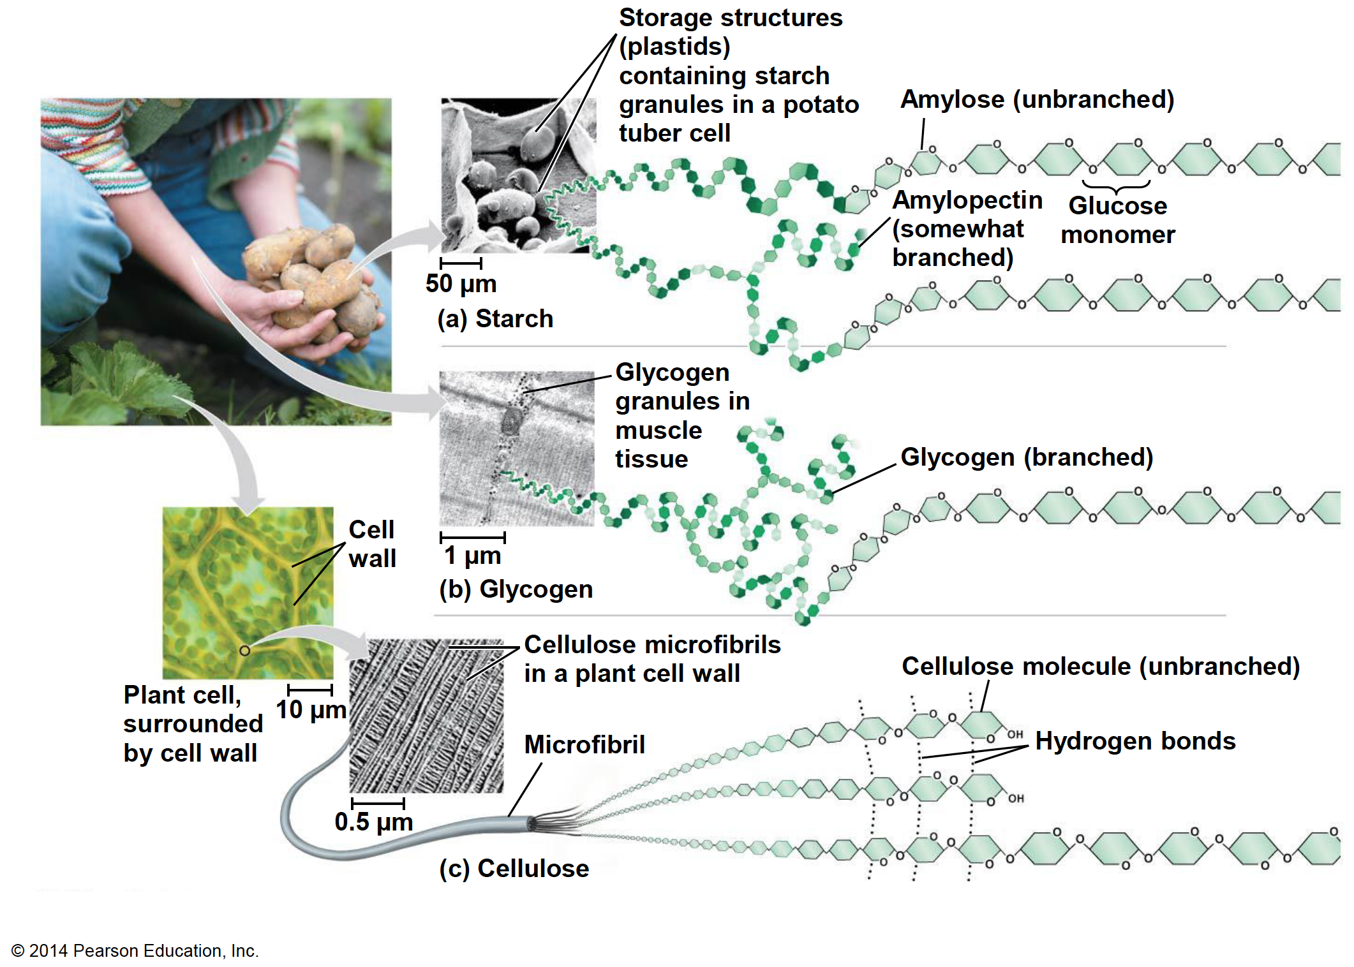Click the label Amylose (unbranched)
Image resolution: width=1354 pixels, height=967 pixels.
pyautogui.click(x=1037, y=100)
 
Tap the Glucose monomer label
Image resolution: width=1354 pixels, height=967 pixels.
pyautogui.click(x=1117, y=220)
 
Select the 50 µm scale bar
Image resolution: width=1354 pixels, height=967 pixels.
pyautogui.click(x=461, y=263)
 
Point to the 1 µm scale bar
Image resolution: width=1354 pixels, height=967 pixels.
pyautogui.click(x=473, y=537)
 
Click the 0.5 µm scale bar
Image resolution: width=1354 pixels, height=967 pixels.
pyautogui.click(x=378, y=802)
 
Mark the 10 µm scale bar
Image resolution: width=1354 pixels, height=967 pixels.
pyautogui.click(x=310, y=690)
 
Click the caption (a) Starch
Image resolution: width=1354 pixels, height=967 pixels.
pyautogui.click(x=495, y=319)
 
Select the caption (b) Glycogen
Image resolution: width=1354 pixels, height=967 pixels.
pyautogui.click(x=516, y=589)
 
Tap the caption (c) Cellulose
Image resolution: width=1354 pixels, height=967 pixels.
pyautogui.click(x=514, y=868)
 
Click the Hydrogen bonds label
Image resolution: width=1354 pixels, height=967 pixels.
pyautogui.click(x=1135, y=741)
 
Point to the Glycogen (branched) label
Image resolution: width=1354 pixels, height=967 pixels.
pyautogui.click(x=1027, y=457)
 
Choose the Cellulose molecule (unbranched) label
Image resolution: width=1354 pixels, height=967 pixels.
pyautogui.click(x=1101, y=667)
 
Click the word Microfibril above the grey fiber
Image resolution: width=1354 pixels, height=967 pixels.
pyautogui.click(x=584, y=744)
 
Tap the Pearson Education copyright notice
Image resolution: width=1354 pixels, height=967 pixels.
pyautogui.click(x=135, y=950)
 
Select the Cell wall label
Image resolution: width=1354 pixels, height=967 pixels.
pyautogui.click(x=372, y=544)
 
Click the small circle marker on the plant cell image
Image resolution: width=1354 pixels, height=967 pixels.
pyautogui.click(x=244, y=651)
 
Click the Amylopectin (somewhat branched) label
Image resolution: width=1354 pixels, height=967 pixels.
pyautogui.click(x=966, y=228)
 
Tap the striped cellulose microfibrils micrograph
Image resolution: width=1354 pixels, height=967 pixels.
pyautogui.click(x=426, y=716)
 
